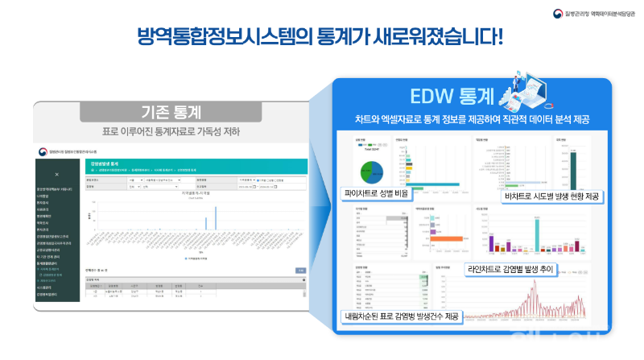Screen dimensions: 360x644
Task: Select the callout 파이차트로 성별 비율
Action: click(x=382, y=193)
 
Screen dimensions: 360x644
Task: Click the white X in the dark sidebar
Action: click(x=56, y=174)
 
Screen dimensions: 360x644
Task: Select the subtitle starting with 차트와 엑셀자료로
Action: click(x=473, y=119)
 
